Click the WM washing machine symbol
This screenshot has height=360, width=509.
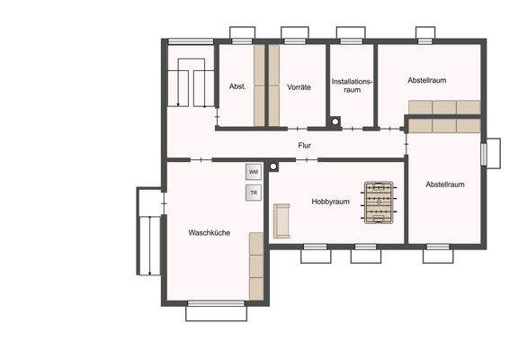pos(254,171)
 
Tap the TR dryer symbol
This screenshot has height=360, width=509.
pos(254,192)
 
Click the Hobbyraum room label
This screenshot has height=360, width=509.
pos(330,202)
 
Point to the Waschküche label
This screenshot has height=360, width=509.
pos(209,232)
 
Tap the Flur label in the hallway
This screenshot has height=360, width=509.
pos(305,145)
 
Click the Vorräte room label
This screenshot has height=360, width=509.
pos(299,87)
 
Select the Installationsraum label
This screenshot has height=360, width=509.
pos(352,85)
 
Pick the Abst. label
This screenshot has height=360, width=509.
pos(237,87)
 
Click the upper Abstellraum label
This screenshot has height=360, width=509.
pos(427,80)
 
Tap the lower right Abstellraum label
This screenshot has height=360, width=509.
pos(445,184)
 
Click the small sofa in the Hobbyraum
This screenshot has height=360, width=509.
pos(282,220)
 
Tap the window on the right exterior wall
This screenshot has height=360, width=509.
pos(491,152)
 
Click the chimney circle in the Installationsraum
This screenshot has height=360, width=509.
pos(335,121)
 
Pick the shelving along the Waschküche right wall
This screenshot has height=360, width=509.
pos(256,265)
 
